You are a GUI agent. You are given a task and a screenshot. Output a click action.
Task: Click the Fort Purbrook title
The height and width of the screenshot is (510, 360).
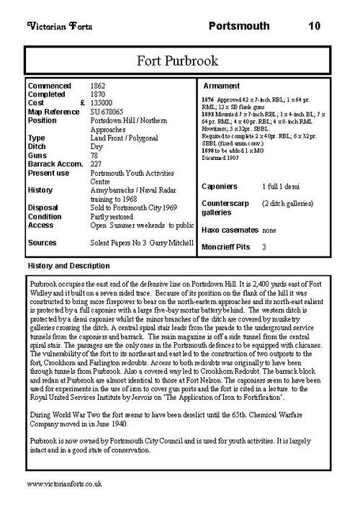coord(179,60)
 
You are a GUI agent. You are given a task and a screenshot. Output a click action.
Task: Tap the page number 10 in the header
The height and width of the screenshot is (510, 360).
coord(314,27)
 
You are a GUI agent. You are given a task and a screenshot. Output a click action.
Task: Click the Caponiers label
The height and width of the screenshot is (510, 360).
coord(221,187)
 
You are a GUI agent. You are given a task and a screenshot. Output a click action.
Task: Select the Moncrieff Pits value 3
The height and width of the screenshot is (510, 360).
coord(264,247)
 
